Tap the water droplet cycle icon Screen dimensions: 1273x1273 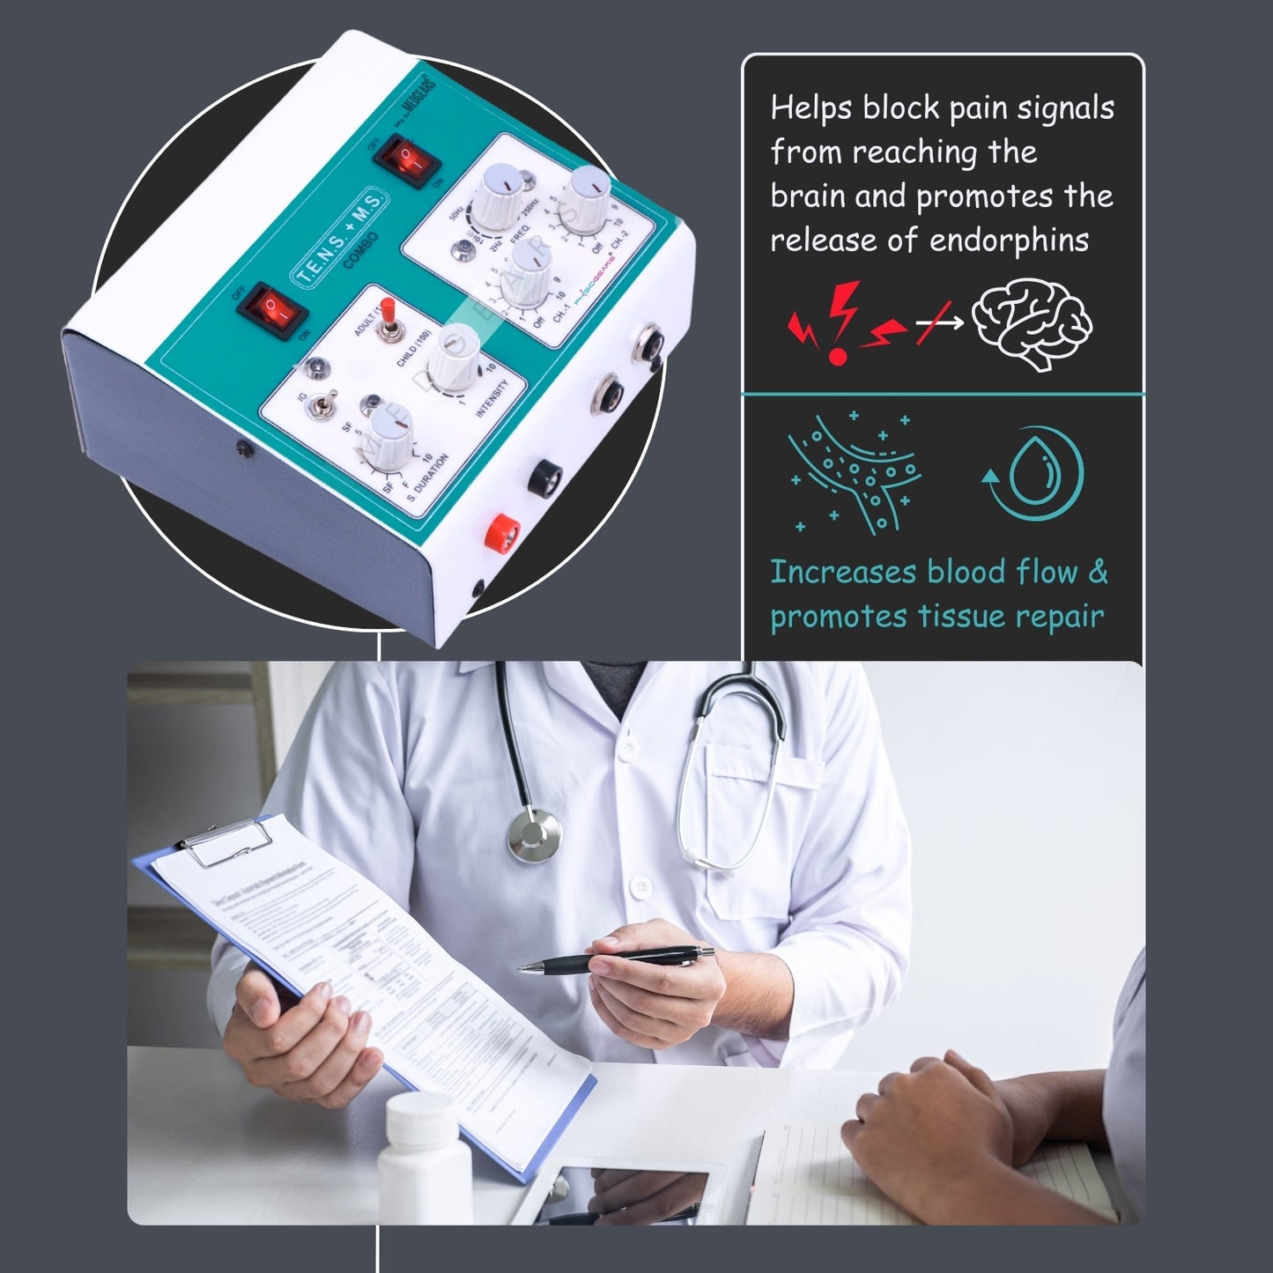click(1033, 473)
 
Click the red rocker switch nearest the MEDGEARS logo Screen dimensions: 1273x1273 click(406, 159)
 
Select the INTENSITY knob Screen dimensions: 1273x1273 click(454, 354)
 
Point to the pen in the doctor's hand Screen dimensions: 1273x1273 click(617, 958)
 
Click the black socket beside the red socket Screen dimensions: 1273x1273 click(547, 477)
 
